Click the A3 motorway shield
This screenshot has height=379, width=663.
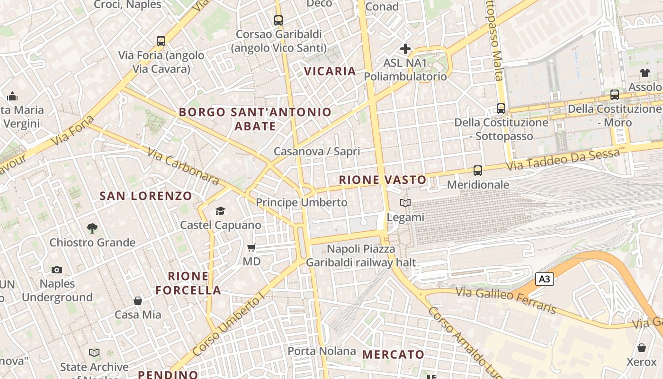[545, 279]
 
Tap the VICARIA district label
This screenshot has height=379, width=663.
[330, 72]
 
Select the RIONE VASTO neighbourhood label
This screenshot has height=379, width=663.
[383, 180]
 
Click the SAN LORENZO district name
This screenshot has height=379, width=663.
[146, 196]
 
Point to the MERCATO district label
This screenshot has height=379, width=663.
[393, 354]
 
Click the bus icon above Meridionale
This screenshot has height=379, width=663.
[478, 171]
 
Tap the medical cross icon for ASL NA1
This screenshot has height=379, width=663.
[405, 48]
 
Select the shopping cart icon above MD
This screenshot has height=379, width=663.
[251, 247]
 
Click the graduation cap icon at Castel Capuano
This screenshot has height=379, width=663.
[221, 211]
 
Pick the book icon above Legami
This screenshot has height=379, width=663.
[405, 203]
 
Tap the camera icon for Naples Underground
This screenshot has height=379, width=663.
[57, 270]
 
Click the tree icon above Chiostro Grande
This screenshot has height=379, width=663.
[92, 228]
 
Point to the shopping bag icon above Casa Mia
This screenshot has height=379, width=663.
[138, 301]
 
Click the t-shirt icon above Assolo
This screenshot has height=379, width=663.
[645, 73]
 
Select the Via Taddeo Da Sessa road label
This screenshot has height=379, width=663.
[563, 160]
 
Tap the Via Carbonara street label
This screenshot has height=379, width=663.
[183, 166]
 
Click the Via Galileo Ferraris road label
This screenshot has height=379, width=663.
[506, 300]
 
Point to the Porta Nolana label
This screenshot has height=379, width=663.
[322, 351]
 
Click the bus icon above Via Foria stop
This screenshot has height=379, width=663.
[161, 41]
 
